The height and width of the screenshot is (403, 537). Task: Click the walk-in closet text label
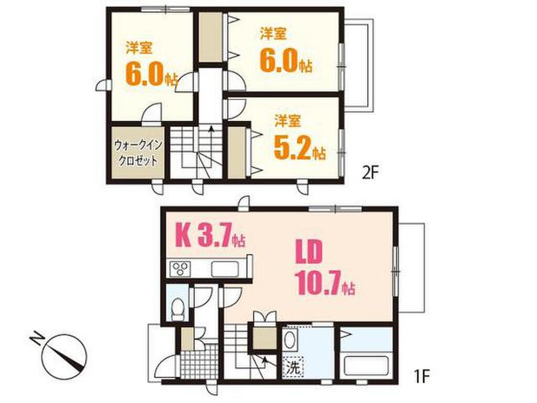pos(137,153)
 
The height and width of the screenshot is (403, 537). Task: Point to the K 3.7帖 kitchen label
pos(210,235)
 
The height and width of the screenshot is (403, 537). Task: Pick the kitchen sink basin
pos(224,269)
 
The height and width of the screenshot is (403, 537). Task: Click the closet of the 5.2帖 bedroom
pos(237,153)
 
